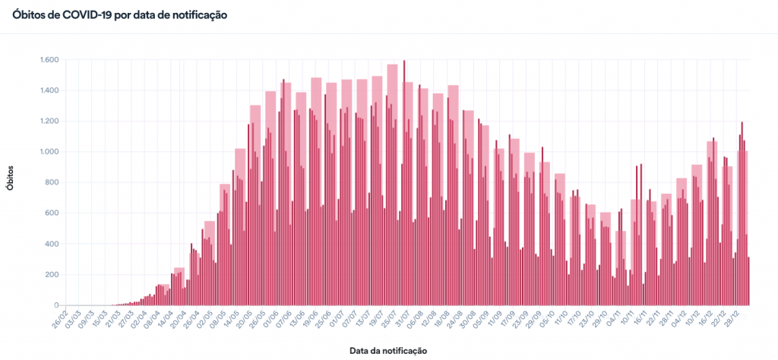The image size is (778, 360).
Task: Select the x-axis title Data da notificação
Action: pyautogui.click(x=388, y=350)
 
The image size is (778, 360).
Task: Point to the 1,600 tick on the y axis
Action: pyautogui.click(x=48, y=60)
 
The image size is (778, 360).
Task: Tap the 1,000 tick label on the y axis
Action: pyautogui.click(x=48, y=152)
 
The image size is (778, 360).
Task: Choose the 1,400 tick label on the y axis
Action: pyautogui.click(x=48, y=90)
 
